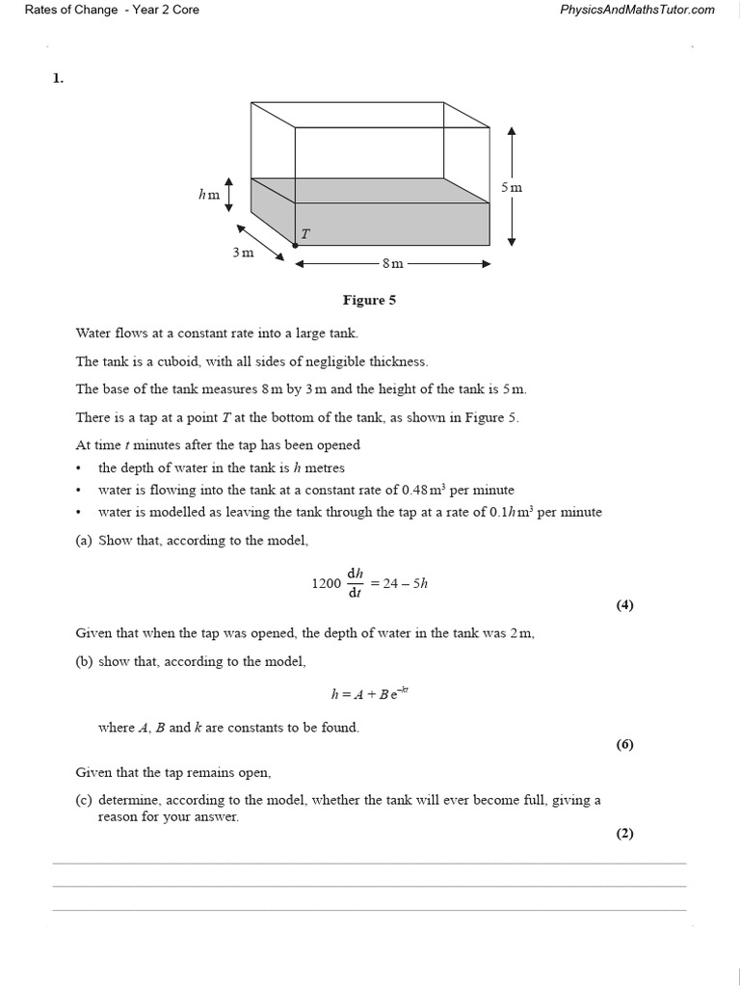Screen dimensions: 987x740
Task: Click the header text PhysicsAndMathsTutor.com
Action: (637, 10)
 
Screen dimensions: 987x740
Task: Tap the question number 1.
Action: (58, 79)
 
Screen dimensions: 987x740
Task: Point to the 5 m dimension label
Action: (512, 187)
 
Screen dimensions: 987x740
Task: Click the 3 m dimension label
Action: (243, 253)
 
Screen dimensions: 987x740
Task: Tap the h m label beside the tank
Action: (209, 194)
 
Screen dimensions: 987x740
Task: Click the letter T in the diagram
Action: (305, 234)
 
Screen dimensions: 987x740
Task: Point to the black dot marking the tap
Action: (295, 245)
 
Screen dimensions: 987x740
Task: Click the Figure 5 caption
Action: (369, 300)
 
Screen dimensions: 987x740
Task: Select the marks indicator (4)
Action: (624, 605)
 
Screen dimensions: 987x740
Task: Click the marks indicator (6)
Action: (624, 744)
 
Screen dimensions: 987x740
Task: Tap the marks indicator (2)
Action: (624, 834)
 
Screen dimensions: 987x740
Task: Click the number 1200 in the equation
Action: (327, 583)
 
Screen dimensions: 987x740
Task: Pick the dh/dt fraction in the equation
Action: (355, 583)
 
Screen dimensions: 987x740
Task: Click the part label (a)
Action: (83, 541)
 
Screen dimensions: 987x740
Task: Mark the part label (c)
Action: (83, 800)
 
